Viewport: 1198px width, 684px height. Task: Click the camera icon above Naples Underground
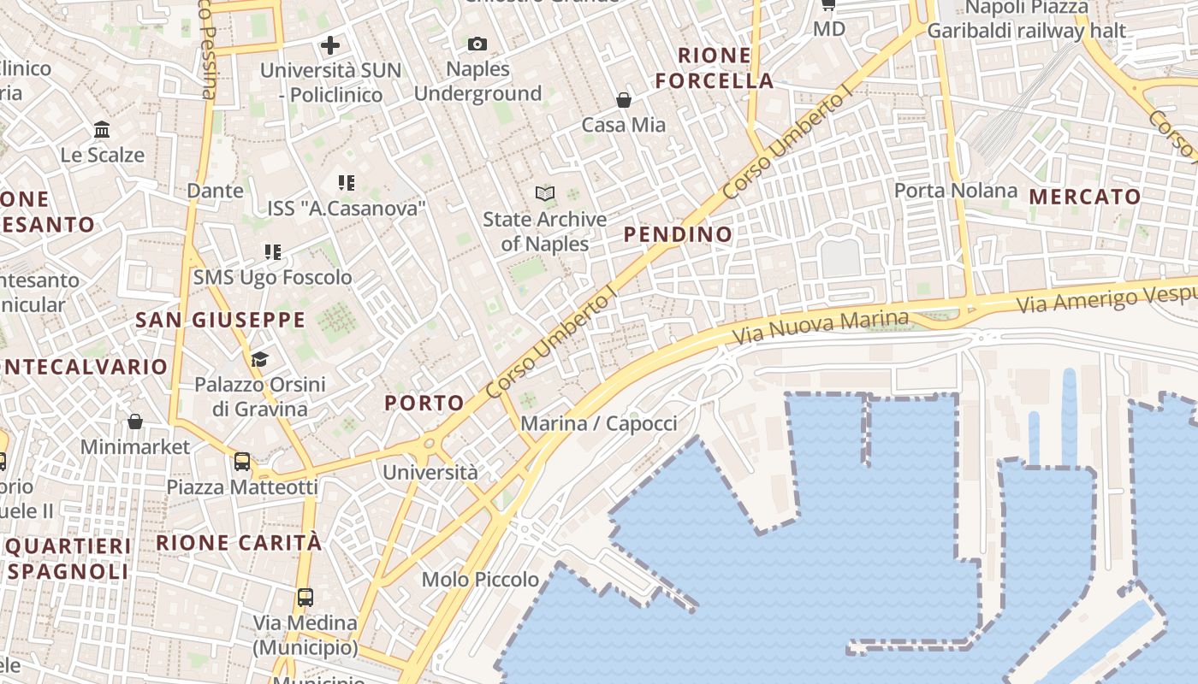[477, 44]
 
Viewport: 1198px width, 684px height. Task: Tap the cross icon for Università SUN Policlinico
[330, 45]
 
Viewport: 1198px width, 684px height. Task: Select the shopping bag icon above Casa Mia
[624, 100]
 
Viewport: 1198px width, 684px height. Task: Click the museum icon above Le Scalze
[102, 130]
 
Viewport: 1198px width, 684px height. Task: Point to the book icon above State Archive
[545, 193]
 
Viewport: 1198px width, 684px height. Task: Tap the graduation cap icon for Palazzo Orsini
[259, 359]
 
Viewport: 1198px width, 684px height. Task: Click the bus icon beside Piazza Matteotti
[242, 462]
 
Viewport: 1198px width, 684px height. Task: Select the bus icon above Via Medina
[305, 597]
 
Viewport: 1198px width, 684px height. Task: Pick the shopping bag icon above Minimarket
[135, 422]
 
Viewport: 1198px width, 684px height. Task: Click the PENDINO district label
[678, 234]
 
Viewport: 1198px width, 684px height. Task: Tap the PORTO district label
[424, 403]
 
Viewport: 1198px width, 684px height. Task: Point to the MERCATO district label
[1085, 197]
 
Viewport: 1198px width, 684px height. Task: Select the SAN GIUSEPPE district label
[220, 321]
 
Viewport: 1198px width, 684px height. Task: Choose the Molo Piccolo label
[480, 580]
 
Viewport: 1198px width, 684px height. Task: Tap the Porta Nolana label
[956, 190]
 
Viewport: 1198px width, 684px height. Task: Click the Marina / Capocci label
[598, 423]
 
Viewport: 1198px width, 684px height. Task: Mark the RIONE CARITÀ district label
[239, 543]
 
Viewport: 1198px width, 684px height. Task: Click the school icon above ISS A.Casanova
[347, 182]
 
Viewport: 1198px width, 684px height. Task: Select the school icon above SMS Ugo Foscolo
[273, 252]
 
